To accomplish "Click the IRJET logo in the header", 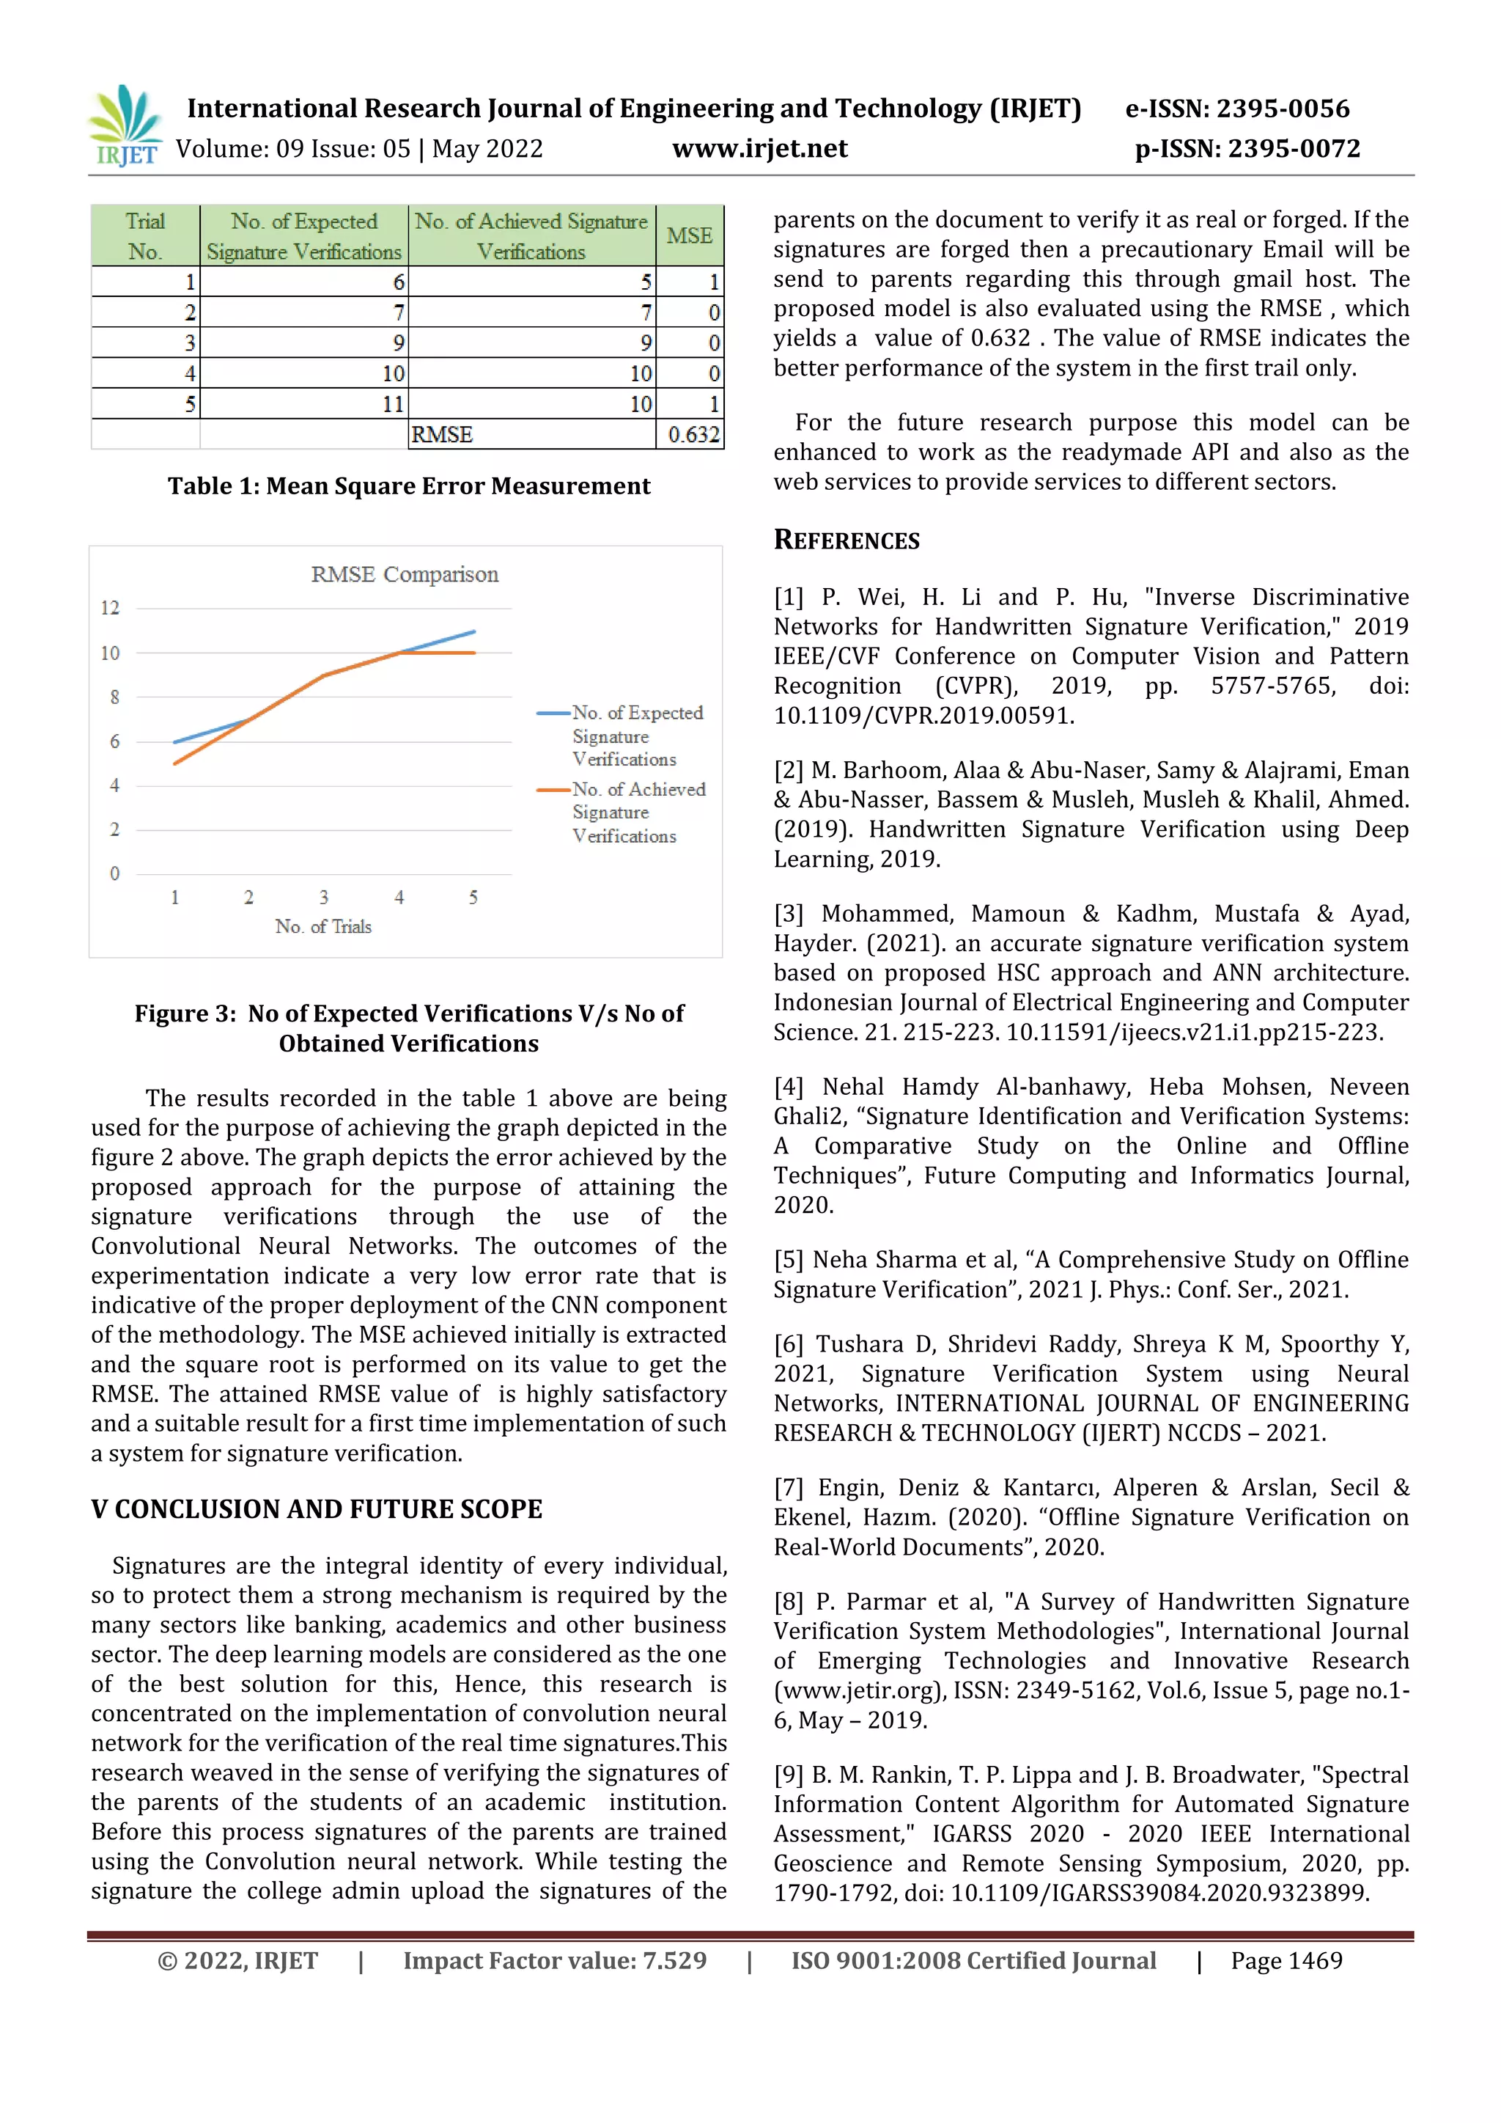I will (125, 125).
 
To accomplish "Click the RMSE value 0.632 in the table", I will (693, 435).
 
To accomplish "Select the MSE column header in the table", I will (690, 236).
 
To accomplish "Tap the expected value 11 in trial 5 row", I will (393, 404).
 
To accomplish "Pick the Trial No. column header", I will (145, 236).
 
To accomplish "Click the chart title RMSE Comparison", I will (404, 574).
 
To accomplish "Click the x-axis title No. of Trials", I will (322, 926).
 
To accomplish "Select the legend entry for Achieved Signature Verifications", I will (638, 812).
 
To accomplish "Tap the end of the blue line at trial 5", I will (474, 631).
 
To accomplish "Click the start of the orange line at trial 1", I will (174, 763).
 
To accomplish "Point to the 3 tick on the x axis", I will (323, 897).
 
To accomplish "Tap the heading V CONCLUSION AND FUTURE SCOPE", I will (316, 1509).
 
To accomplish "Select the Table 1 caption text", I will (408, 486).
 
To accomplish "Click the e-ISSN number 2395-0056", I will (1282, 109).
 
